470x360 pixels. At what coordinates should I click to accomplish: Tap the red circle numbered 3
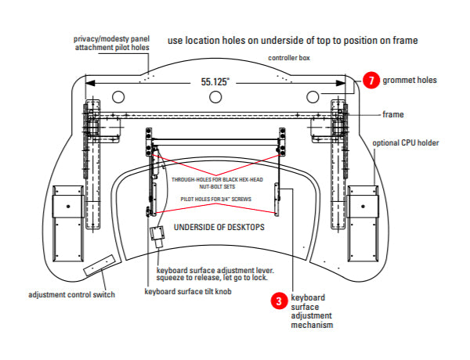[277, 299]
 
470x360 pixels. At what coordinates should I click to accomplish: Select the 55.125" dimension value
[215, 81]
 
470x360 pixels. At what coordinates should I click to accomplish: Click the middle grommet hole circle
[215, 95]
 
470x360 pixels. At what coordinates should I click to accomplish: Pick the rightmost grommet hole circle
[313, 95]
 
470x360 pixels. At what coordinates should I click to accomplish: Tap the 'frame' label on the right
[393, 114]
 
